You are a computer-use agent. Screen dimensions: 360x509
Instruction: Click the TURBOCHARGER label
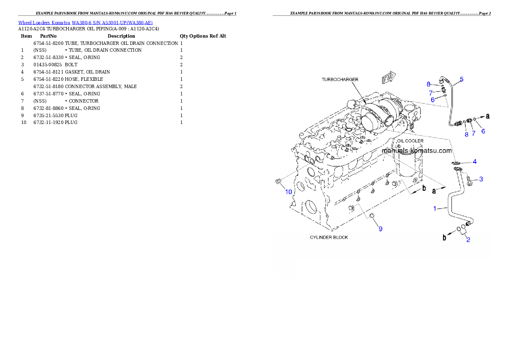pos(340,80)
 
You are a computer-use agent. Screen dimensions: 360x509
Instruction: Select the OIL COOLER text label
pos(410,141)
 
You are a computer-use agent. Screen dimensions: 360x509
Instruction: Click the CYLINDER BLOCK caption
pos(329,237)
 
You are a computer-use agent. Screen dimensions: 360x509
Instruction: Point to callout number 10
pos(289,192)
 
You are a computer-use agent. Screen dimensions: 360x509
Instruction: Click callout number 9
pos(380,229)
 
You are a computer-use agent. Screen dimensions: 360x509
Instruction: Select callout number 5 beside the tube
pos(462,79)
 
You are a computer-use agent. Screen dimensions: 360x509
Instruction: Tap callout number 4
pos(474,162)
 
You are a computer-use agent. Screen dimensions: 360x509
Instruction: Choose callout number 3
pos(481,179)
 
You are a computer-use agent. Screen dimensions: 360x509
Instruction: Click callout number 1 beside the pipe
pos(435,209)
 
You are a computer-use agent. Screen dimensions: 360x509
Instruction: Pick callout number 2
pos(468,239)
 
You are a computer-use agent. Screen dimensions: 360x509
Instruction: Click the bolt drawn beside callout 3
pos(469,181)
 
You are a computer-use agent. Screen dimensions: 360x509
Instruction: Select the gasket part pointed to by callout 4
pos(456,163)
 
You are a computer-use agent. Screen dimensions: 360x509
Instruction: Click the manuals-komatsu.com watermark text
pos(416,151)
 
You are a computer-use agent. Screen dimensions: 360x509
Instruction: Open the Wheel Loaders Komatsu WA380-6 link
pos(85,23)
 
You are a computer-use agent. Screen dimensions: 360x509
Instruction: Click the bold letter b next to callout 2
pos(444,238)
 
